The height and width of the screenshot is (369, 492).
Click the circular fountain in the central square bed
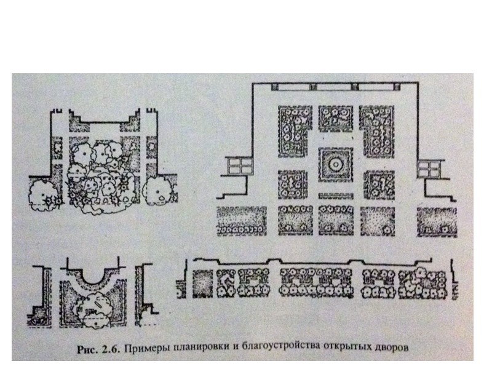click(x=336, y=165)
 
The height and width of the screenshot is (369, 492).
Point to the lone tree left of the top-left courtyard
click(x=44, y=192)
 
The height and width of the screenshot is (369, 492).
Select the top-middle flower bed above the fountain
click(x=335, y=118)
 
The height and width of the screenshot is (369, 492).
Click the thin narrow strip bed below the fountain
click(x=336, y=195)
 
